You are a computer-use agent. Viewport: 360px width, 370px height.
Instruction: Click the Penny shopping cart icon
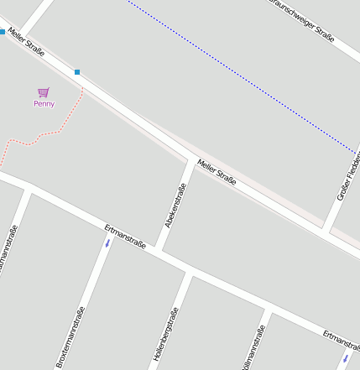point(44,92)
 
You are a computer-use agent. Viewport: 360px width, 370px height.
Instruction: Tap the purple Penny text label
point(44,104)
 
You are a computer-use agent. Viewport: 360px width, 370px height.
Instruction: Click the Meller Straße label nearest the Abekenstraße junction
point(217,171)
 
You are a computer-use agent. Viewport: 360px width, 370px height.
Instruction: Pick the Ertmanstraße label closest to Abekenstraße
point(126,237)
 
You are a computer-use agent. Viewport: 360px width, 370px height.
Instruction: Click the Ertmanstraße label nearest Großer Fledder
point(341,339)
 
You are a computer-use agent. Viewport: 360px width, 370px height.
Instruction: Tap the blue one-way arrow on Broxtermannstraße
point(107,243)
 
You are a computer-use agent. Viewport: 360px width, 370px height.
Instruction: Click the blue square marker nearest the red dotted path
point(77,72)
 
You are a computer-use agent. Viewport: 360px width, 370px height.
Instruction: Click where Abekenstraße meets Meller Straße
point(192,159)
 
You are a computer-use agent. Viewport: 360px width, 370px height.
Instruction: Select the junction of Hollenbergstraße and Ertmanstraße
point(189,274)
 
